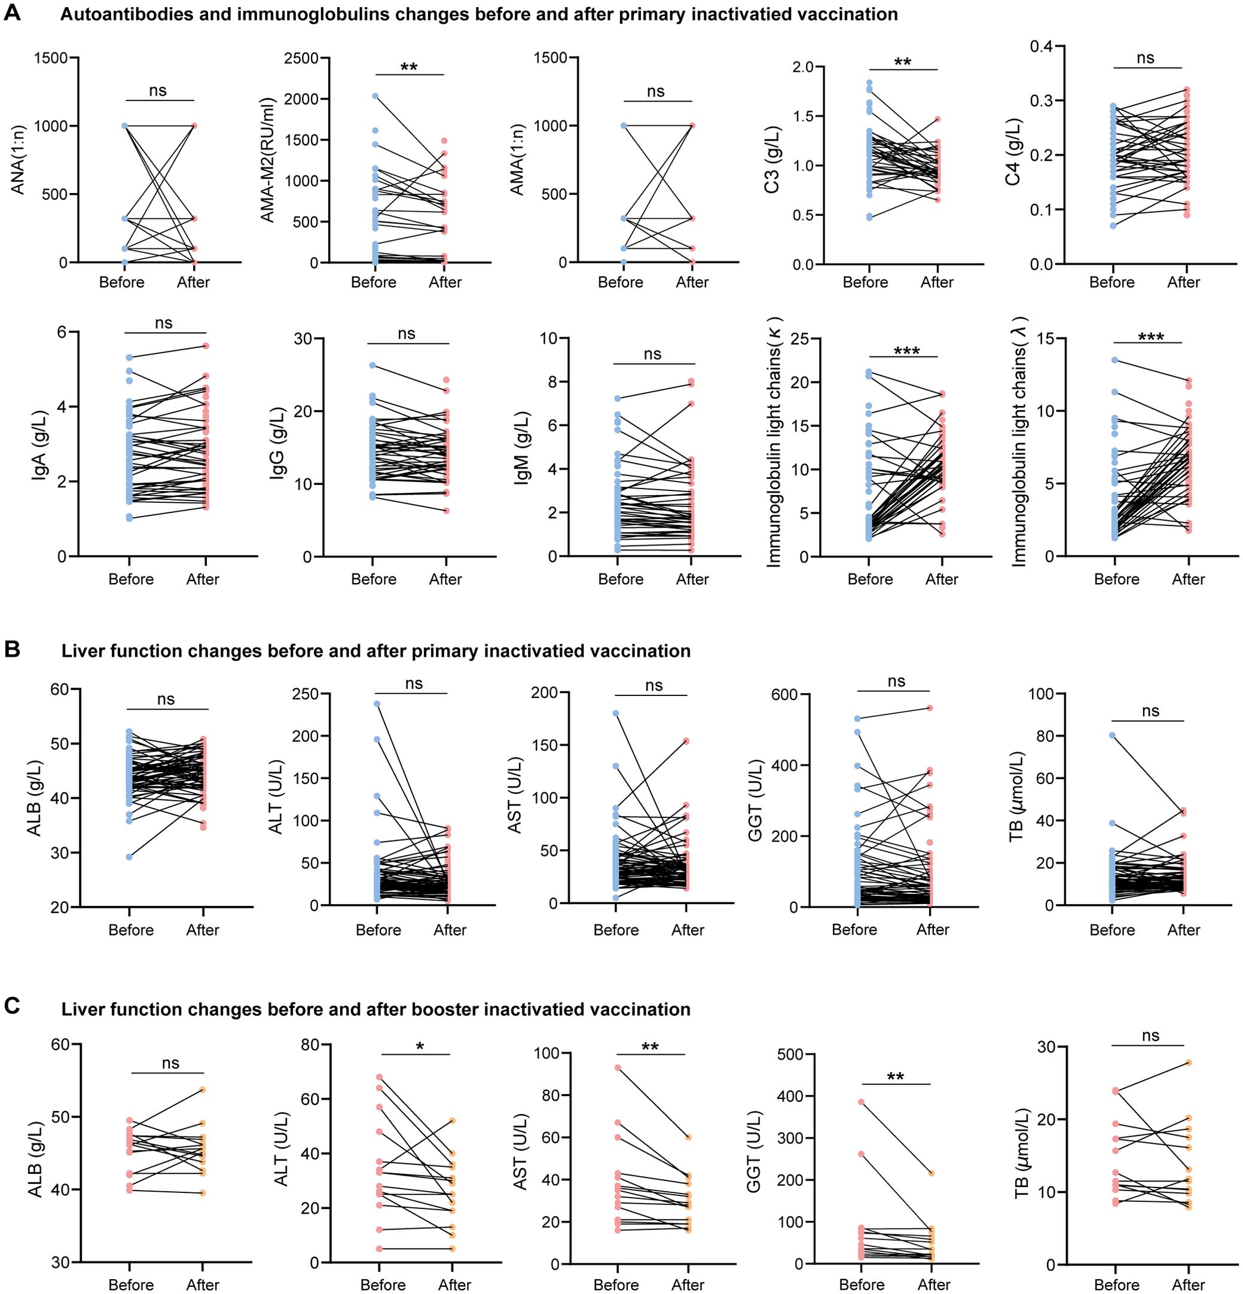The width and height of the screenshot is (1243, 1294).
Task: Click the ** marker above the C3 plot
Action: point(903,63)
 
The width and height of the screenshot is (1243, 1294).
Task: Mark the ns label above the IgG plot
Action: point(407,334)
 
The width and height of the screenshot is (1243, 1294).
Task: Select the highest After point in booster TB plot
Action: point(1188,1062)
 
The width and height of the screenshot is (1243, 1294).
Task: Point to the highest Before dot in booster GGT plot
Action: point(861,1102)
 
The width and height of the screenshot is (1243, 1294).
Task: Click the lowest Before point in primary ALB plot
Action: point(130,857)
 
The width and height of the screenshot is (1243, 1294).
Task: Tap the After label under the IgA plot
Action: point(203,579)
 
